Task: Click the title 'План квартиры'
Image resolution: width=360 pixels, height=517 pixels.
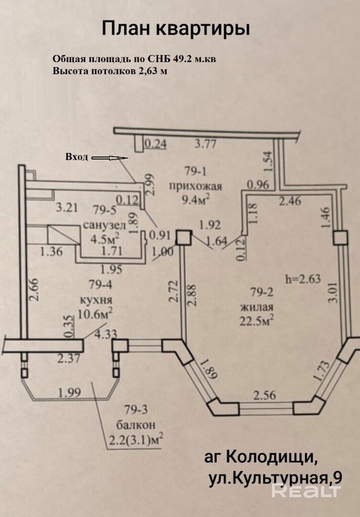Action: click(x=175, y=29)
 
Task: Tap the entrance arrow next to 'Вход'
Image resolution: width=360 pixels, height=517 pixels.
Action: click(x=110, y=158)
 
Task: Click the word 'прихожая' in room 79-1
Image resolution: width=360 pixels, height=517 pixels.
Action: click(x=195, y=187)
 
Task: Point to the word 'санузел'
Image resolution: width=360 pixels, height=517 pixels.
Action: click(x=104, y=226)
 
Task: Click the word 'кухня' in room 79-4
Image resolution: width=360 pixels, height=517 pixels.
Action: click(x=96, y=300)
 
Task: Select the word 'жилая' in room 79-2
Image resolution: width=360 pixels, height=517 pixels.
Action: click(x=257, y=307)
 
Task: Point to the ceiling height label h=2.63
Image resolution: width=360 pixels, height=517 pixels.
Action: click(x=303, y=279)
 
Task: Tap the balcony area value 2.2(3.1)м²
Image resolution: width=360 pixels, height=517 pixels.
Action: click(x=136, y=439)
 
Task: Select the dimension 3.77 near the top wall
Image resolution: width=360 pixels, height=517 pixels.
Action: click(x=205, y=144)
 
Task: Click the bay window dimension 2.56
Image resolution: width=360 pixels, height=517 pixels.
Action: click(x=265, y=394)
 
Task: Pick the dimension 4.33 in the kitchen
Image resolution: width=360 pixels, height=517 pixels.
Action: click(x=105, y=334)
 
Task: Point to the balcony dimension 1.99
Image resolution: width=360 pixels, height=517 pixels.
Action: click(x=69, y=393)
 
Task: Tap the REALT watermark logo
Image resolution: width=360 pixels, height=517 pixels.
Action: click(x=306, y=491)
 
